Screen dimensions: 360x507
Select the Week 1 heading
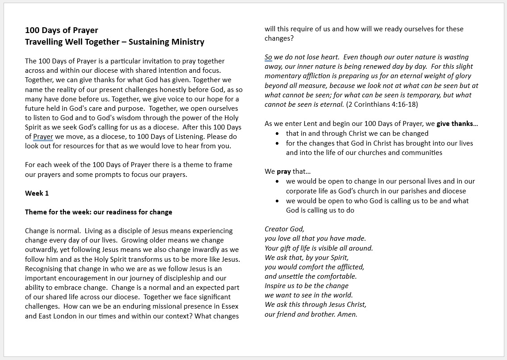(x=37, y=193)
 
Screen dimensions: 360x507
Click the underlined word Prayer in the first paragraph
(x=43, y=137)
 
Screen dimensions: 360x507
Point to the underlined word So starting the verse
(x=268, y=57)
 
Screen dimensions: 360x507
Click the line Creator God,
(x=284, y=229)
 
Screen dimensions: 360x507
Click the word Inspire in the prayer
(x=275, y=286)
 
